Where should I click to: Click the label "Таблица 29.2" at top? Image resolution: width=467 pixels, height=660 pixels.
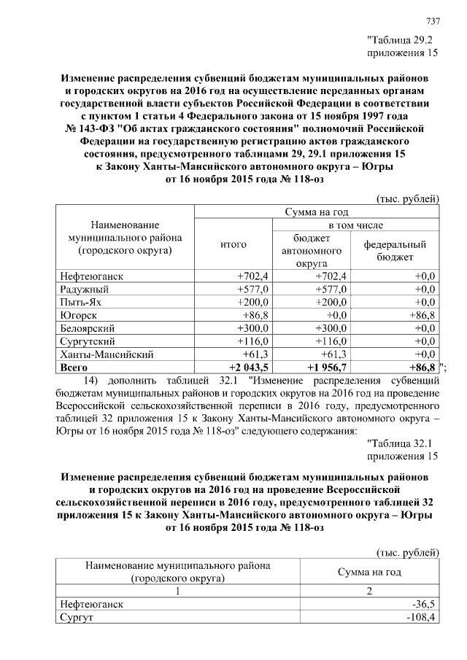(401, 39)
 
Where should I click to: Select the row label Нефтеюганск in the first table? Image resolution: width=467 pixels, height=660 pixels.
(90, 275)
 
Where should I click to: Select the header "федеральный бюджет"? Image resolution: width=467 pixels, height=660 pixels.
(395, 251)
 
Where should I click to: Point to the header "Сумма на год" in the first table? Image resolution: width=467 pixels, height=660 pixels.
(315, 211)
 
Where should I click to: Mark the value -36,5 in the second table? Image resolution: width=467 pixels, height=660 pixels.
(422, 605)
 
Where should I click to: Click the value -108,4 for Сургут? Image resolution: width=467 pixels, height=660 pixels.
(420, 618)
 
